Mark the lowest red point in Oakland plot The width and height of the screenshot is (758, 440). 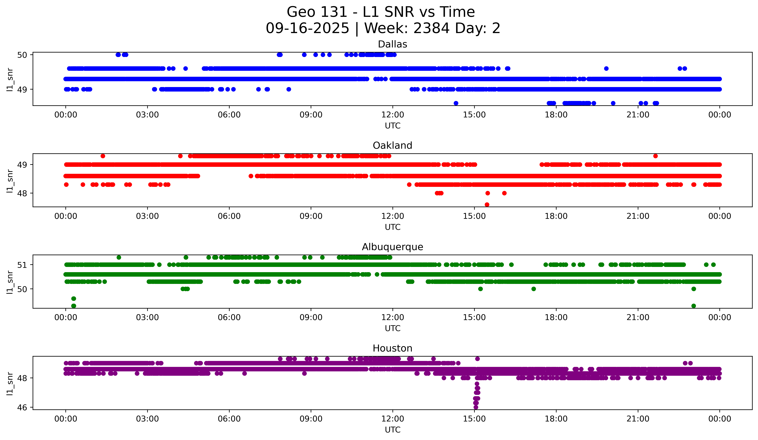click(487, 205)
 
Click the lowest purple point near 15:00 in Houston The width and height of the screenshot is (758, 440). click(476, 407)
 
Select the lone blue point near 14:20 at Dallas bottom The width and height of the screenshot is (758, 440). click(456, 103)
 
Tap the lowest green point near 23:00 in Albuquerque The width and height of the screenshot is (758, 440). click(694, 306)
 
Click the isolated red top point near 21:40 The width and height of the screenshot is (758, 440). click(655, 156)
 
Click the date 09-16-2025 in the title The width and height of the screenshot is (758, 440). click(307, 28)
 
